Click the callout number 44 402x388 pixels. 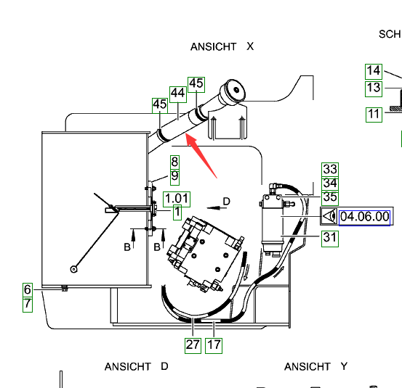point(178,94)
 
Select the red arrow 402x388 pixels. point(201,155)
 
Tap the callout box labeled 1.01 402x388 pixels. point(177,199)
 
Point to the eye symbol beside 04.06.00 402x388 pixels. point(329,216)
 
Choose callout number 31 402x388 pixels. point(330,239)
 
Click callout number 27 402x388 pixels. point(193,346)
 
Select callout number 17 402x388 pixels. point(214,346)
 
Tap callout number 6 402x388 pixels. point(28,290)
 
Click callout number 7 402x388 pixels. point(28,305)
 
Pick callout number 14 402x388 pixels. point(374,72)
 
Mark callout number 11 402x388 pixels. point(374,115)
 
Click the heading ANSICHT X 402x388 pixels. point(222,47)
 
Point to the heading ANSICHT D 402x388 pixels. point(137,367)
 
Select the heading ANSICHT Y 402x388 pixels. point(315,367)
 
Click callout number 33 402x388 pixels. point(330,170)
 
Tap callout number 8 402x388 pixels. point(175,162)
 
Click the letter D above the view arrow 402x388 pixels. point(226,202)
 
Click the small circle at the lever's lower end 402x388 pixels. point(74,269)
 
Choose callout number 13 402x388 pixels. point(374,88)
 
